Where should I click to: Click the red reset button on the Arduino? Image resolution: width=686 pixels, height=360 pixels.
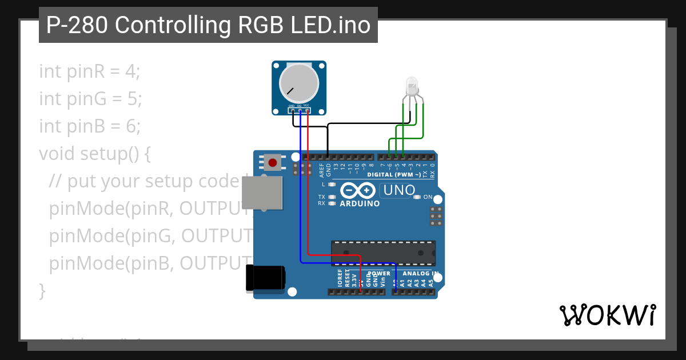[273, 162]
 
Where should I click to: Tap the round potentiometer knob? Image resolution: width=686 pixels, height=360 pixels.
[298, 83]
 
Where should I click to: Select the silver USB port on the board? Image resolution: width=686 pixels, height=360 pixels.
[262, 193]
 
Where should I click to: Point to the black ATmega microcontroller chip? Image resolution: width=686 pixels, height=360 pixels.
[383, 253]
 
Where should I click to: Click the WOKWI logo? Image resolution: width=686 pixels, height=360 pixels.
[607, 315]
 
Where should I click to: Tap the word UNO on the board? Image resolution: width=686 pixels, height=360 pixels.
[400, 190]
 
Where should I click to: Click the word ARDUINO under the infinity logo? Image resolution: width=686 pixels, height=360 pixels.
[360, 203]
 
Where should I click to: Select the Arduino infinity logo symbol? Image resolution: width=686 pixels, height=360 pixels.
[358, 190]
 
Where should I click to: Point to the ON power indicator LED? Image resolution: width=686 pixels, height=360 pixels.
[417, 197]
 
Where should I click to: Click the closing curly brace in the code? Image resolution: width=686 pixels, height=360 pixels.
[42, 290]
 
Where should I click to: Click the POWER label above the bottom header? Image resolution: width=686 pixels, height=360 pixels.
[378, 274]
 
